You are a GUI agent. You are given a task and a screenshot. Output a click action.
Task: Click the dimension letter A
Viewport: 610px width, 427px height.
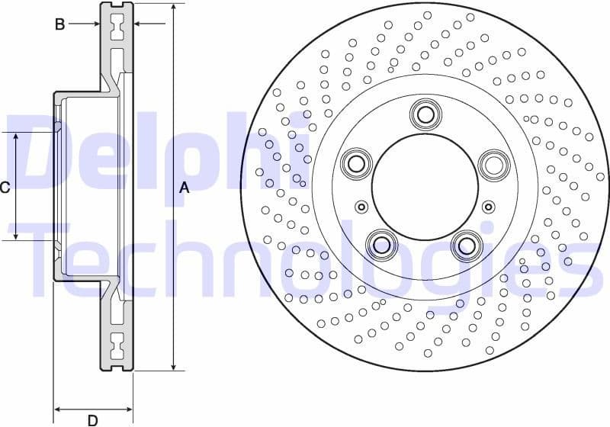coord(184,188)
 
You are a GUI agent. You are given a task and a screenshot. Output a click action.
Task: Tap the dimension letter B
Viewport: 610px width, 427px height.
coord(59,24)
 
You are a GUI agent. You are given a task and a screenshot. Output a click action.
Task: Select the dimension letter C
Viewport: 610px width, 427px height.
coord(5,187)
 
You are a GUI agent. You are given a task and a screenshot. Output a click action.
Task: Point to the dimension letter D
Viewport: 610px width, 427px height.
coord(92,419)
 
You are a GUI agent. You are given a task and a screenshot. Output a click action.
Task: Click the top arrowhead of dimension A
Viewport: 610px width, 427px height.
coord(174,7)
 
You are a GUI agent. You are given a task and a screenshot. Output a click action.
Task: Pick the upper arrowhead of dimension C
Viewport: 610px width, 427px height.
coord(16,136)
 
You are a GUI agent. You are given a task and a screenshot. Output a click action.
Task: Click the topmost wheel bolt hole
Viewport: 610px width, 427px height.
coord(425,114)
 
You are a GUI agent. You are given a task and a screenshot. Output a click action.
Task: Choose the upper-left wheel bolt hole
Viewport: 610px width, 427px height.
coord(355,162)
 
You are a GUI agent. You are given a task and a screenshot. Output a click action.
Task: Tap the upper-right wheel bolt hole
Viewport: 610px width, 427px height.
coord(493,163)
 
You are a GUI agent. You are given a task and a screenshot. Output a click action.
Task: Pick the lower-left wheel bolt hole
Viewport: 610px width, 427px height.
coord(380,244)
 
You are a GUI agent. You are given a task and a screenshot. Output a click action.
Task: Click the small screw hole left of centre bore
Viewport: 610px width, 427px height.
coord(361,207)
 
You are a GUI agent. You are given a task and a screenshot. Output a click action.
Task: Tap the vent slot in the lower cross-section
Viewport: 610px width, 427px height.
coord(117,347)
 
